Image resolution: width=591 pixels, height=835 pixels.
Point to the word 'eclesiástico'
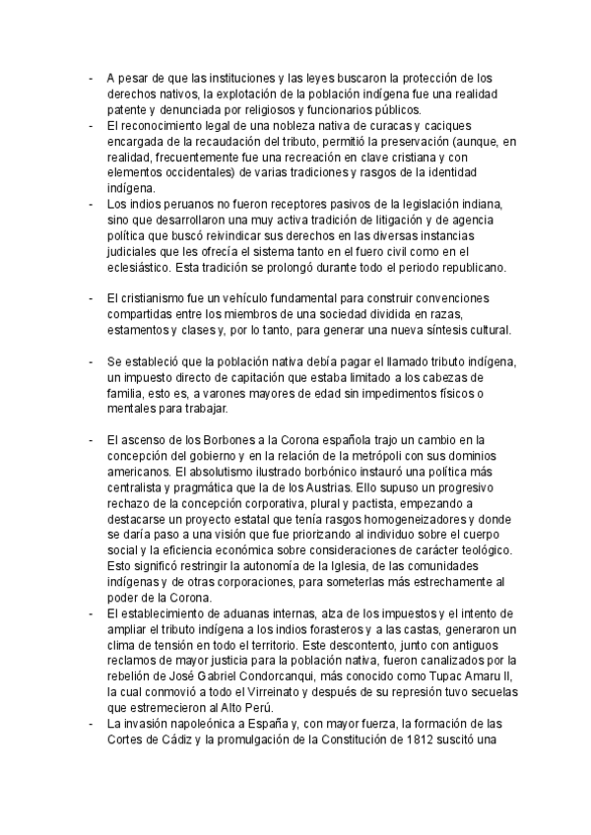[x=141, y=267]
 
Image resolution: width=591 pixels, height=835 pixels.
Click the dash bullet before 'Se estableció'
[x=91, y=361]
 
